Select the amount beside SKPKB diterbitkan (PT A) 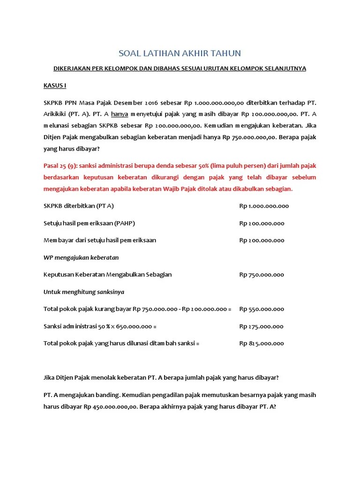click(264, 206)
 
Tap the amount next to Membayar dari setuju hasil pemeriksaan click(262, 240)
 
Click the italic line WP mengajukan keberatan click(81, 257)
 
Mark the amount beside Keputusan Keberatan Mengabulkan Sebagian click(262, 275)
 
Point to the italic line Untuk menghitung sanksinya click(84, 292)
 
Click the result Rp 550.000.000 click(262, 309)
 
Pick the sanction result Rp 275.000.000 click(262, 326)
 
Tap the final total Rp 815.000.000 click(262, 343)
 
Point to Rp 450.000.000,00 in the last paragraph click(110, 407)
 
